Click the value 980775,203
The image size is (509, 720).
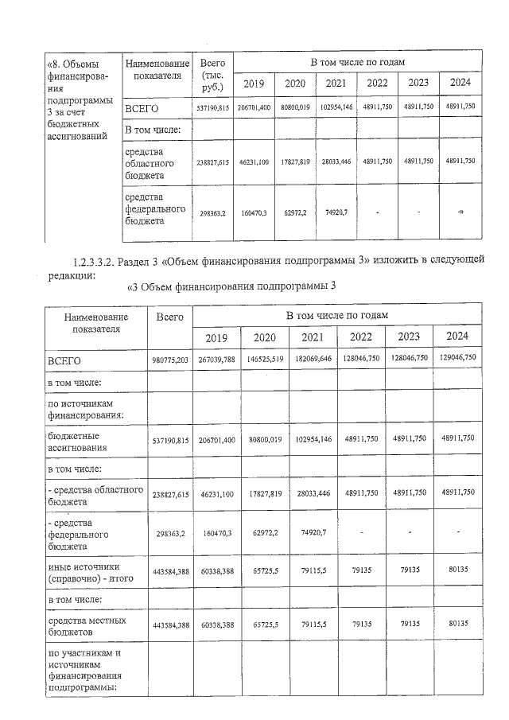[x=168, y=360]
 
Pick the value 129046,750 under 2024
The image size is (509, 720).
[x=457, y=358]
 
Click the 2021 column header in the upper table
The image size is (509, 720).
[x=336, y=84]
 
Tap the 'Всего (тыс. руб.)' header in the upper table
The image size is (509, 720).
[x=213, y=74]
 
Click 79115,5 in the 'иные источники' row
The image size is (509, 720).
[x=313, y=571]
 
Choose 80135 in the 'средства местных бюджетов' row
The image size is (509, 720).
[x=457, y=625]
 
